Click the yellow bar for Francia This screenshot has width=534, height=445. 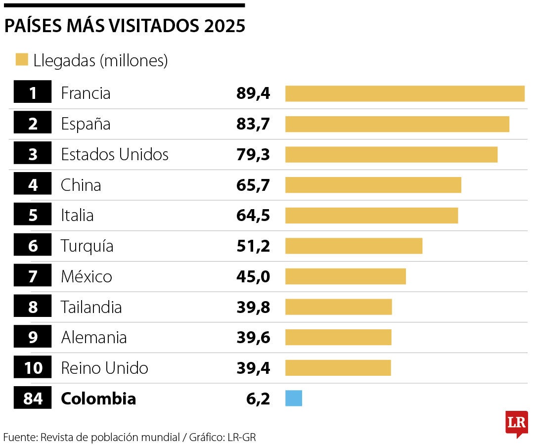tap(404, 93)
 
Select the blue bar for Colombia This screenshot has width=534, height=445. tap(294, 399)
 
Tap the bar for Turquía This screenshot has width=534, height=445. tap(354, 246)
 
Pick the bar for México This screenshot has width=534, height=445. tap(345, 276)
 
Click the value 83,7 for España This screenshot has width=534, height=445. tap(253, 124)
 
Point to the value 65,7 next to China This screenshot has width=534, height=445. tap(253, 185)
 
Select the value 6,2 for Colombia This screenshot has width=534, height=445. tap(258, 399)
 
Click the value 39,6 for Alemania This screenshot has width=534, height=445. tap(253, 338)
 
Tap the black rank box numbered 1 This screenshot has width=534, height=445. tap(33, 93)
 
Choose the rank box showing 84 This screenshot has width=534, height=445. tap(33, 399)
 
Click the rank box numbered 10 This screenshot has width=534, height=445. tap(33, 368)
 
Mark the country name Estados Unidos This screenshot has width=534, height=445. tap(115, 154)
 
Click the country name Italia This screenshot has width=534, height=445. tap(77, 216)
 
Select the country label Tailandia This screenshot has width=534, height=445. tap(91, 307)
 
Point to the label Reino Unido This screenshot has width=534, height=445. tap(104, 368)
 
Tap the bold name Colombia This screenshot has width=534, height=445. tap(98, 399)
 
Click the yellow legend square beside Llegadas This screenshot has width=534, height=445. tap(22, 60)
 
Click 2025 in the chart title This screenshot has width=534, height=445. tap(224, 26)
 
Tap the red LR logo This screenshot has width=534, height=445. tap(517, 424)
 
